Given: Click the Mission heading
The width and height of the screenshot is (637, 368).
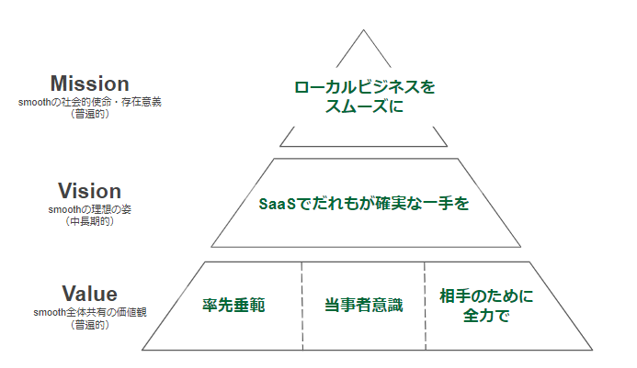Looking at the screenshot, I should click(89, 85).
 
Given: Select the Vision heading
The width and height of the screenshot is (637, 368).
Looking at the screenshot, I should click(89, 192).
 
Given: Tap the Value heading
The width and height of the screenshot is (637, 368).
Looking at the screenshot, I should click(89, 295).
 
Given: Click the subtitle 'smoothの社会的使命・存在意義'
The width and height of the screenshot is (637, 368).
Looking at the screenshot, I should click(89, 103).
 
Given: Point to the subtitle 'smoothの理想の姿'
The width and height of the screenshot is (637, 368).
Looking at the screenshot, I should click(89, 210).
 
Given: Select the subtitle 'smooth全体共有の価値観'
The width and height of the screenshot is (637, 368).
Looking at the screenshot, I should click(89, 313).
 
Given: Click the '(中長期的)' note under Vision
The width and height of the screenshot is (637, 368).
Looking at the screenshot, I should click(89, 221).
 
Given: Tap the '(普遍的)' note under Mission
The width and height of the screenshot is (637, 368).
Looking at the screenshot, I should click(89, 114).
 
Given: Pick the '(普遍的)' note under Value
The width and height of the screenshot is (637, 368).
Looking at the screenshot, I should click(89, 324).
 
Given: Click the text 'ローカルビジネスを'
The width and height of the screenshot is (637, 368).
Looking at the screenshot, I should click(364, 88).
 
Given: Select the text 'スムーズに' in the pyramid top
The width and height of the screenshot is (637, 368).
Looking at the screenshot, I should click(364, 106).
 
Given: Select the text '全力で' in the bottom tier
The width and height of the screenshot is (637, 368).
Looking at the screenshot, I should click(486, 316).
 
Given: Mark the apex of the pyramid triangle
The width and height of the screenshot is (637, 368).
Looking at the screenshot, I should click(364, 30).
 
